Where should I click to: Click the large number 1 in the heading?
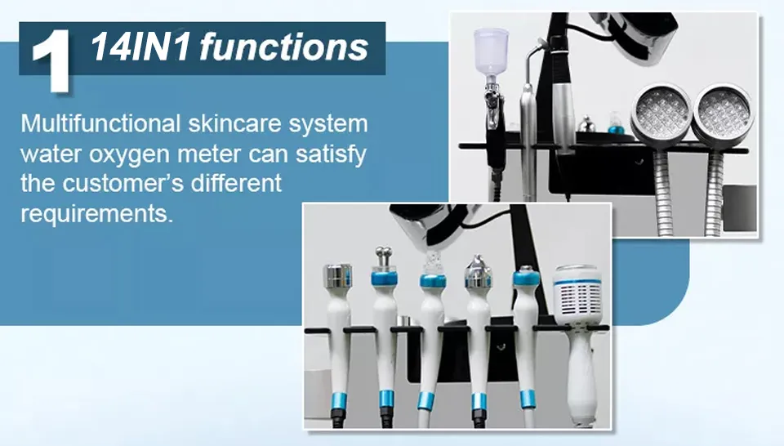click(51, 61)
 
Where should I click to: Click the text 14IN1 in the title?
click(140, 47)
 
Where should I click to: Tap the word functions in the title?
click(284, 47)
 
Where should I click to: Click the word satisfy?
click(331, 154)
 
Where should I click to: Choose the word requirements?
click(96, 214)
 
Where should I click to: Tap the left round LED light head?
click(661, 111)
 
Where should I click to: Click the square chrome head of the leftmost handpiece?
click(338, 276)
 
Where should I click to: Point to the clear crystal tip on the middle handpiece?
click(433, 262)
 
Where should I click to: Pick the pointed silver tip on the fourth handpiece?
click(478, 267)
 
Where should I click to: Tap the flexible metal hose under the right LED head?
click(715, 193)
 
